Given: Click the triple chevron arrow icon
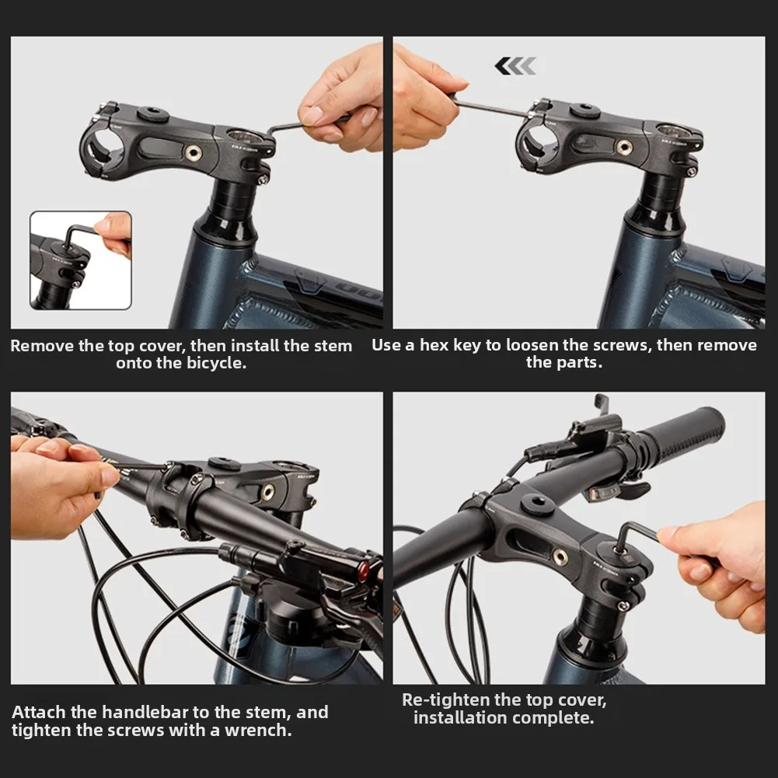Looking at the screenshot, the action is [x=515, y=66].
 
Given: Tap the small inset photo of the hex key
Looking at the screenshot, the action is [x=81, y=260].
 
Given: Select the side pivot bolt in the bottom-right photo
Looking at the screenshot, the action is [x=560, y=557].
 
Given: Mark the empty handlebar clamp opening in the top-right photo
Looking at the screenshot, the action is [x=533, y=149].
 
